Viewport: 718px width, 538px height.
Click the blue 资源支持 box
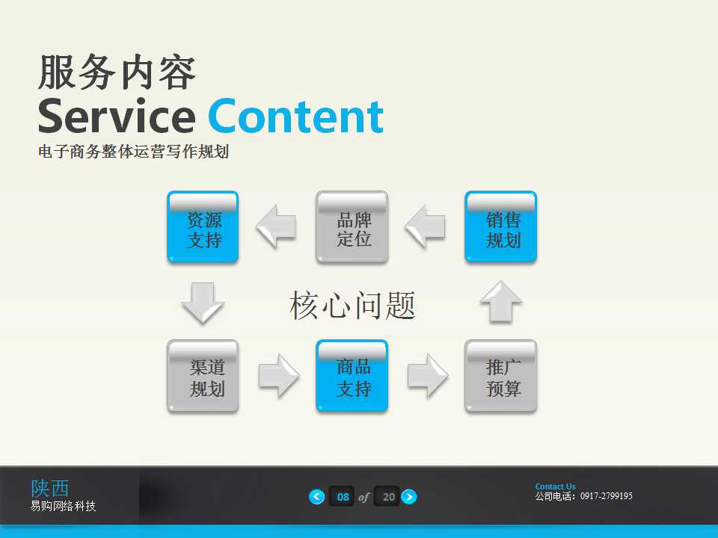[x=203, y=227]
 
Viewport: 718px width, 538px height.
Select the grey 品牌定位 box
[x=352, y=227]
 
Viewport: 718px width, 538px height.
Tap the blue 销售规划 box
[x=500, y=227]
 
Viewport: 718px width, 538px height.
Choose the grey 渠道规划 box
[x=203, y=376]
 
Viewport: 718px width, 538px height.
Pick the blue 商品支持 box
[x=352, y=376]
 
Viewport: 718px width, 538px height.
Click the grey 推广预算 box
[x=500, y=376]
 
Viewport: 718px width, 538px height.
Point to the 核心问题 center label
[x=352, y=306]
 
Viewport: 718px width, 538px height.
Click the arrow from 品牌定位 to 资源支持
[x=276, y=227]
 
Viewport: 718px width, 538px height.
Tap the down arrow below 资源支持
[x=203, y=303]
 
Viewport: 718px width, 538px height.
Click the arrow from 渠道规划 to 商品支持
[x=278, y=376]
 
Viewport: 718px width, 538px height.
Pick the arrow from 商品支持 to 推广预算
[x=427, y=376]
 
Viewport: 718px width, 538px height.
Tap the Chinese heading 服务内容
[x=117, y=73]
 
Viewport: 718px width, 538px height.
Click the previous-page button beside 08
[x=317, y=497]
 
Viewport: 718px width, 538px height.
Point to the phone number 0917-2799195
[x=607, y=496]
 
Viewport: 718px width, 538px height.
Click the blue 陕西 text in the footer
[x=50, y=488]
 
